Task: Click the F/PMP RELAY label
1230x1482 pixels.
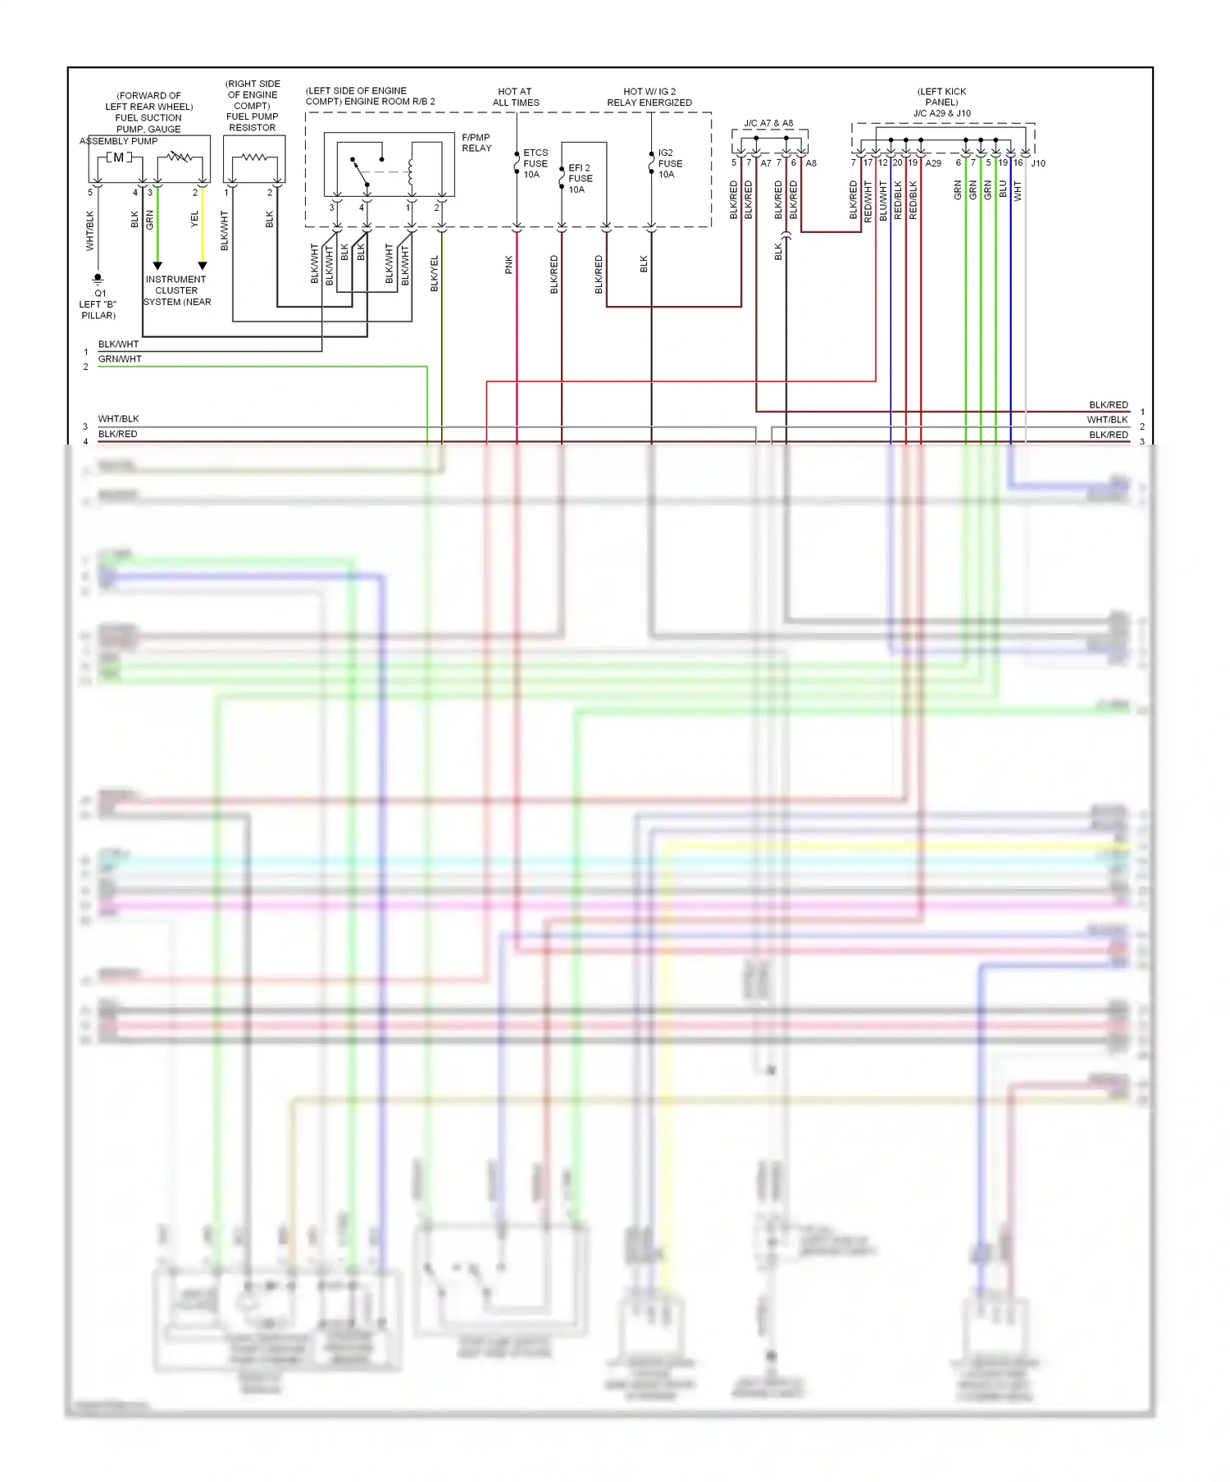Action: tap(476, 143)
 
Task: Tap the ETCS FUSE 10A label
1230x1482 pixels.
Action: tap(535, 163)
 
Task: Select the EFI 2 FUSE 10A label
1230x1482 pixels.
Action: tap(580, 178)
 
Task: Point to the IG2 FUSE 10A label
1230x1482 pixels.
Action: tap(669, 163)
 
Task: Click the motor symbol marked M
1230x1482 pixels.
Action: tap(119, 157)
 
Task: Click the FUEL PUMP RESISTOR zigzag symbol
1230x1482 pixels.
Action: tap(254, 157)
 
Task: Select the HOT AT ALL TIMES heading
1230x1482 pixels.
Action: tap(516, 97)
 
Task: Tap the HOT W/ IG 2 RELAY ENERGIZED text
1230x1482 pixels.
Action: tap(649, 97)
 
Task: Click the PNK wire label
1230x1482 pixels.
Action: tap(509, 264)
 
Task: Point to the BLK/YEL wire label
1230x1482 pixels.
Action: tap(435, 273)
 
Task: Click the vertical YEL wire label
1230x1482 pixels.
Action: tap(194, 219)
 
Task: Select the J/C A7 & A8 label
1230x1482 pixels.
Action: tap(768, 123)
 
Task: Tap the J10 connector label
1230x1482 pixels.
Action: tap(1037, 163)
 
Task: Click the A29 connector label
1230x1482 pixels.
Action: tap(933, 163)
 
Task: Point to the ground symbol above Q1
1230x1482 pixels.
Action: tap(98, 279)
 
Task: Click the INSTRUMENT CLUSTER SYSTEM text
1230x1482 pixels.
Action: tap(176, 290)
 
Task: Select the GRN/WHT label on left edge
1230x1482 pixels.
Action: tap(120, 359)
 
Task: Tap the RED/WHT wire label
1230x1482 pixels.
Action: tap(868, 202)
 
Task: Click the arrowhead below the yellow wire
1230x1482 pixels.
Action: tap(203, 266)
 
